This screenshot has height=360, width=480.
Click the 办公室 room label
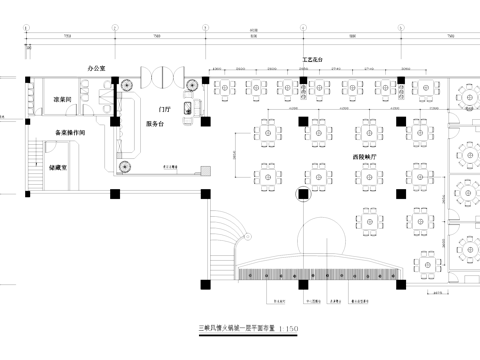coord(97,68)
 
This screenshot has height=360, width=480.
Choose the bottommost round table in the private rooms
coord(468,248)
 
